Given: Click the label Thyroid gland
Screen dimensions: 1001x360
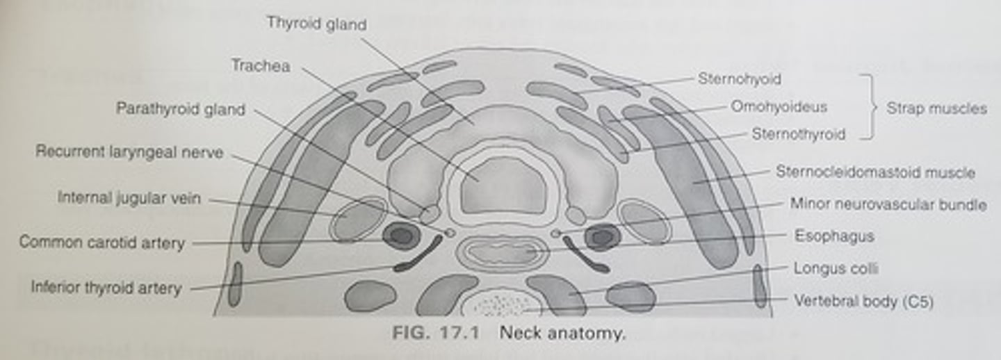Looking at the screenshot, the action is point(316,24).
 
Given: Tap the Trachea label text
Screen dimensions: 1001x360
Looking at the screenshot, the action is point(261,66).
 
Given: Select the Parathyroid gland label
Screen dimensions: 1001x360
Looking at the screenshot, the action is point(180,110).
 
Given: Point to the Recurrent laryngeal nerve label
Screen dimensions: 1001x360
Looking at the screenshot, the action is point(129,152).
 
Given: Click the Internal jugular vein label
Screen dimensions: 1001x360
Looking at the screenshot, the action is point(129,199).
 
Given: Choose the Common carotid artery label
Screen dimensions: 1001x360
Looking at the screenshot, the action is point(101,243).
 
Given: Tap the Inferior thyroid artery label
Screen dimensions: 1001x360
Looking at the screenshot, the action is point(106,287).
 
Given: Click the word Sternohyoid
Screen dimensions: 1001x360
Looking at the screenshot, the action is point(739,79).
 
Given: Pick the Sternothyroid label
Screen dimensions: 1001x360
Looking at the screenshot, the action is point(798,134).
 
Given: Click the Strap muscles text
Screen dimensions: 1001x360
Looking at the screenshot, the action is point(936,108).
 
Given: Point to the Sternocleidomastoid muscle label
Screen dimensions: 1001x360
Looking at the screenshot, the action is point(875,172).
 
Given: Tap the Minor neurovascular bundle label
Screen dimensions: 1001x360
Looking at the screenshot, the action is point(888,204).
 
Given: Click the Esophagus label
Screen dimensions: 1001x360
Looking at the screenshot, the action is point(834,236).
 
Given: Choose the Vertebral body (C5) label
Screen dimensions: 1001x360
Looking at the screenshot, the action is point(863,301).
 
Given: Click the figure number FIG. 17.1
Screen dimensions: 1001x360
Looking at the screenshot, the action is point(436,333).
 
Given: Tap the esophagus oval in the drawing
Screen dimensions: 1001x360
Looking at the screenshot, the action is point(502,252).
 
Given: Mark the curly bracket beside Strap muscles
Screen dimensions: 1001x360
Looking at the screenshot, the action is point(869,107).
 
